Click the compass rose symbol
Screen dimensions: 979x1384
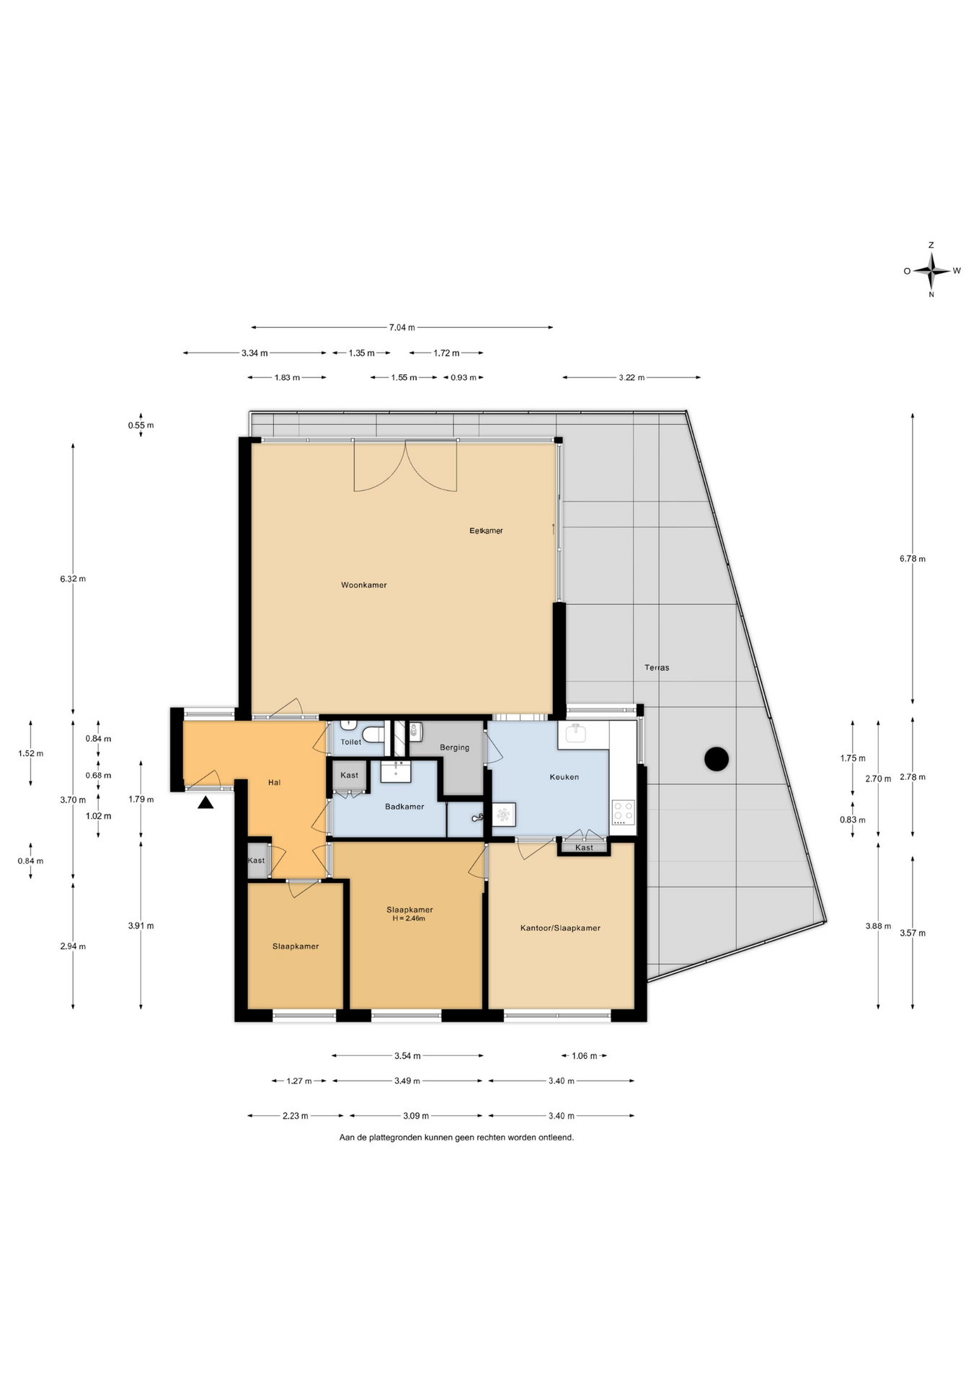[931, 271]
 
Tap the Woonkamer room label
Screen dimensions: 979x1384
[364, 585]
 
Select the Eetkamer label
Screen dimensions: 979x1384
[486, 531]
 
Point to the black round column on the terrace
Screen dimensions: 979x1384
[717, 758]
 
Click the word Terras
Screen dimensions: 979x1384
[657, 667]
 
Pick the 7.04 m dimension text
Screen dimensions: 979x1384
[402, 327]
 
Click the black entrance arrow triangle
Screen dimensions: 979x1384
[205, 802]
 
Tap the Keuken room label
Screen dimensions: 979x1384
[564, 777]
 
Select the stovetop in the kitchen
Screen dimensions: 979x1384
[623, 812]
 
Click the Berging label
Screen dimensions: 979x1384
[454, 748]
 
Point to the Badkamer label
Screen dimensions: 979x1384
[404, 807]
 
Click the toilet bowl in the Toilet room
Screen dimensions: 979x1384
[373, 735]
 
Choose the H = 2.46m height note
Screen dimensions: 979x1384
[409, 918]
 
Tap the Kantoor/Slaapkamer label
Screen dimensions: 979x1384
[560, 928]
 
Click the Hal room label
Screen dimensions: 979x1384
[274, 782]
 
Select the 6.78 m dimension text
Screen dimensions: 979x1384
[912, 559]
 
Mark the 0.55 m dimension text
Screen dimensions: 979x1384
[141, 425]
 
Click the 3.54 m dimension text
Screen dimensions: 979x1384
[407, 1056]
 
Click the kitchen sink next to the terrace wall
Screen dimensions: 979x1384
[576, 734]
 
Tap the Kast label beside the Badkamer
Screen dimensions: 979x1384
[350, 776]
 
